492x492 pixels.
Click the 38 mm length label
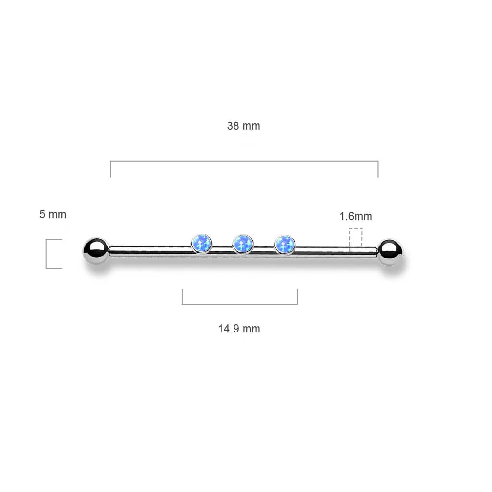pyautogui.click(x=244, y=126)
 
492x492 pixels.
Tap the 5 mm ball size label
pyautogui.click(x=53, y=214)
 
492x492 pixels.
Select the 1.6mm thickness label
pyautogui.click(x=356, y=216)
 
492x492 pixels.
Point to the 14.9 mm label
pyautogui.click(x=239, y=329)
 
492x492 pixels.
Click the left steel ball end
pyautogui.click(x=96, y=251)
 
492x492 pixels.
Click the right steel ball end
pyautogui.click(x=390, y=252)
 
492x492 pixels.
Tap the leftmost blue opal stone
pyautogui.click(x=201, y=243)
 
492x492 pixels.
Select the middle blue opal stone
pyautogui.click(x=243, y=244)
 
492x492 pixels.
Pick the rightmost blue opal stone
pyautogui.click(x=284, y=245)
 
